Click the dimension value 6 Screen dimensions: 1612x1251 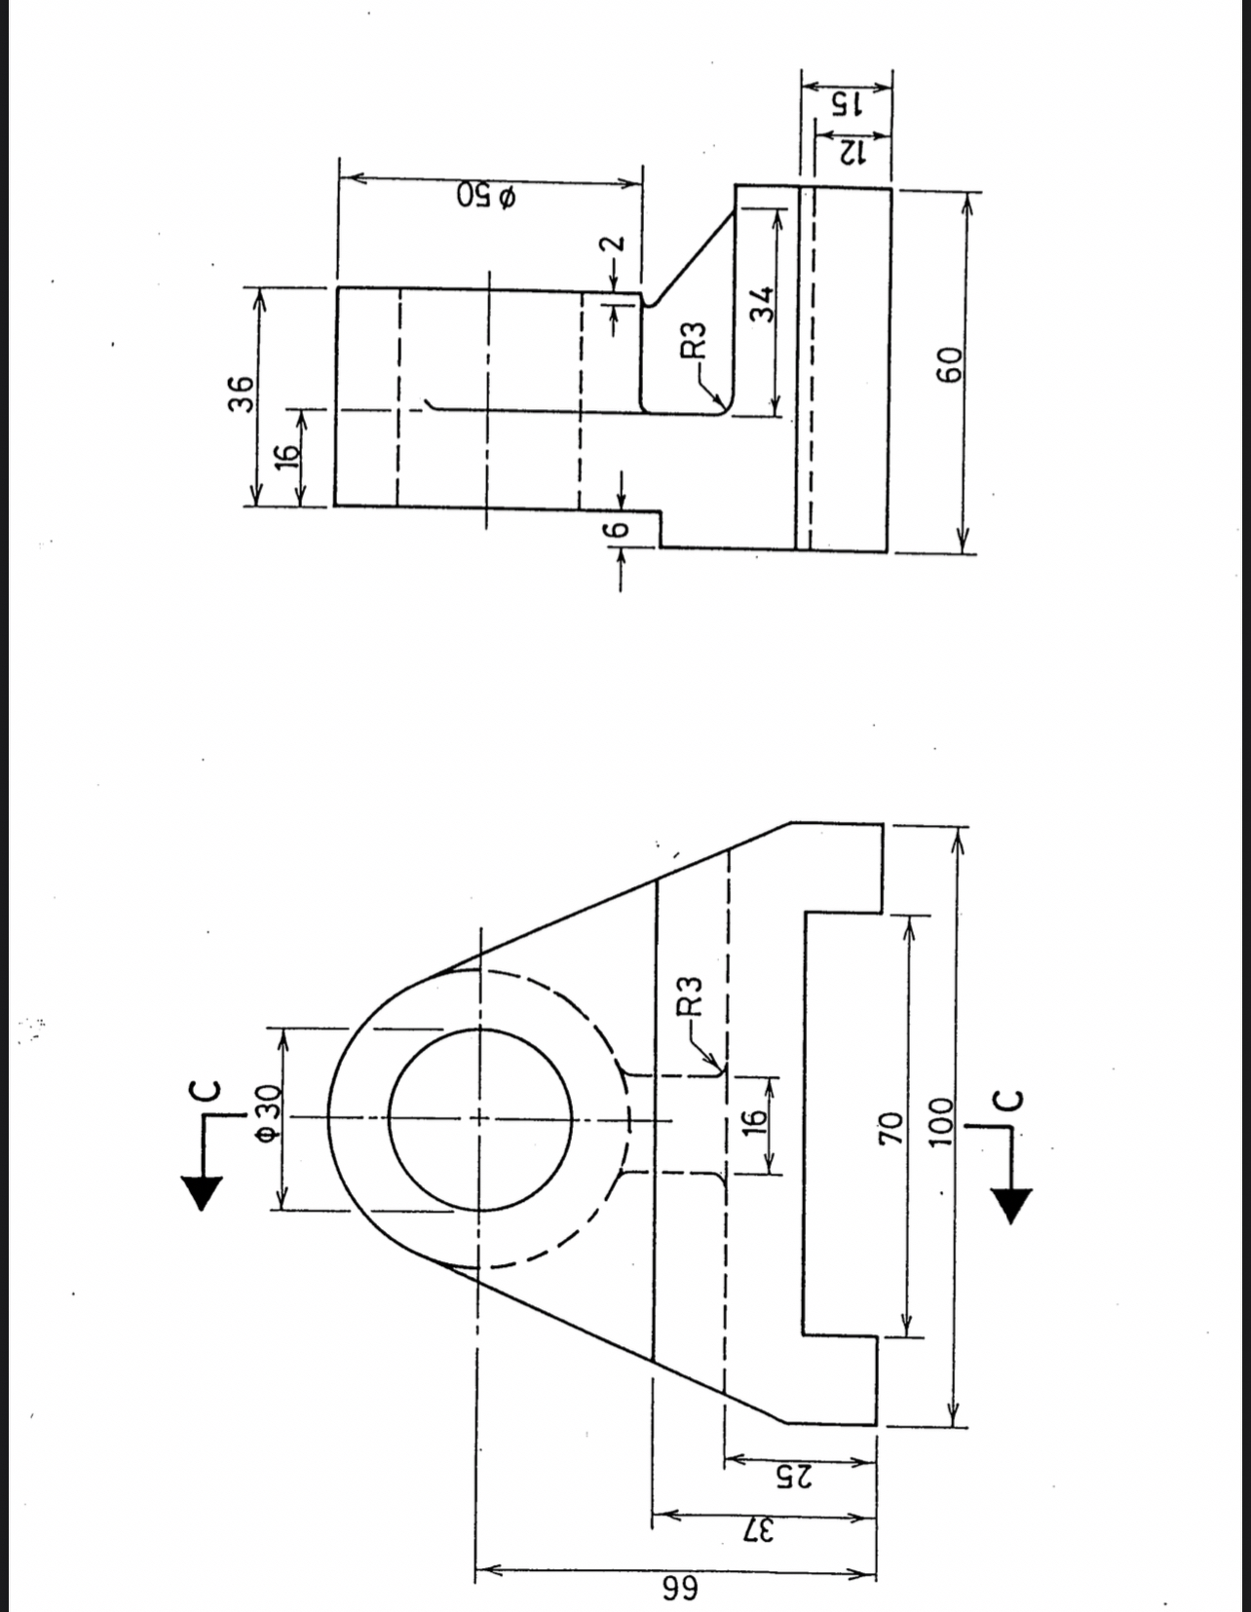pyautogui.click(x=612, y=532)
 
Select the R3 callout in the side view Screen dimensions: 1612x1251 pyautogui.click(x=693, y=340)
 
